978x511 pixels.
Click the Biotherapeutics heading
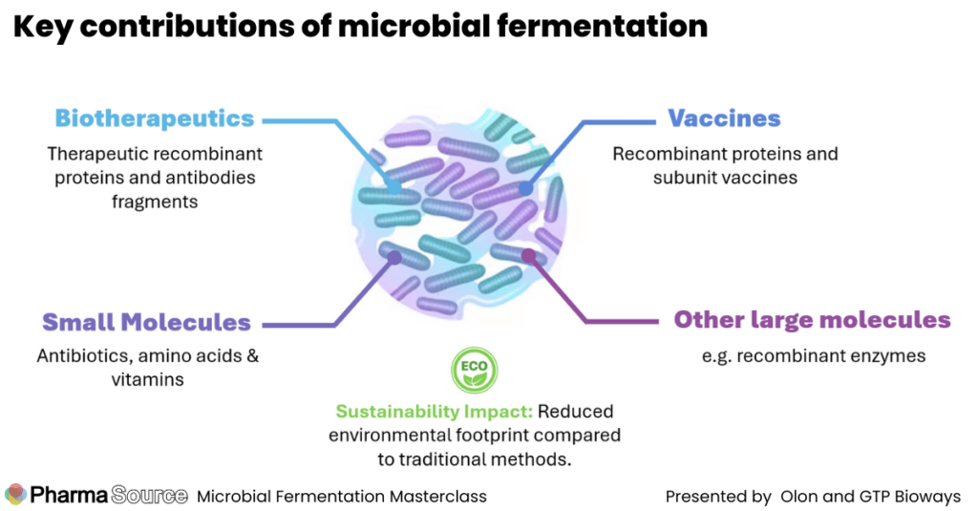(155, 119)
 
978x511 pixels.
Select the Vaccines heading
(724, 119)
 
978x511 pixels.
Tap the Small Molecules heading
(146, 323)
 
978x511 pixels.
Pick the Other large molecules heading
(812, 320)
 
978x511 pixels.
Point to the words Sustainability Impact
(434, 412)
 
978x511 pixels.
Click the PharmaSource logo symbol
(16, 495)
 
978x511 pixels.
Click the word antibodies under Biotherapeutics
(203, 178)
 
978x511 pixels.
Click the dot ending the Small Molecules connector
(394, 256)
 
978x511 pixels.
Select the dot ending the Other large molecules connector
(526, 254)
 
